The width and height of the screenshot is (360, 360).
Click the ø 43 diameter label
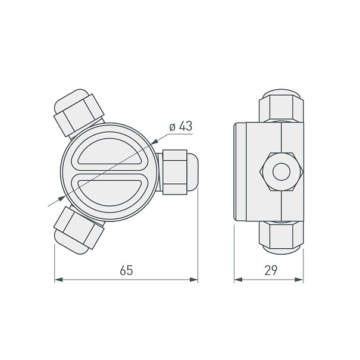181,126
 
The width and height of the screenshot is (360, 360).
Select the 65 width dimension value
126,270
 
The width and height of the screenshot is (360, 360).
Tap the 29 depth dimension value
271,270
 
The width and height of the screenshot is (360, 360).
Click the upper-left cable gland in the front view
78,114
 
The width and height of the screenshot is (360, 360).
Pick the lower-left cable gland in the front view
78,230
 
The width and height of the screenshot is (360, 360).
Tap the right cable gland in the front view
177,172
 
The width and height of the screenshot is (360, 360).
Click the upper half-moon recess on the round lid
109,152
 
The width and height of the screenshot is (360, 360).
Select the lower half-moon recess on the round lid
109,193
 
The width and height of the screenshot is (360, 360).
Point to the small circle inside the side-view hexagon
281,172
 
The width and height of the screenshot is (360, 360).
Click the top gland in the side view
281,105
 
